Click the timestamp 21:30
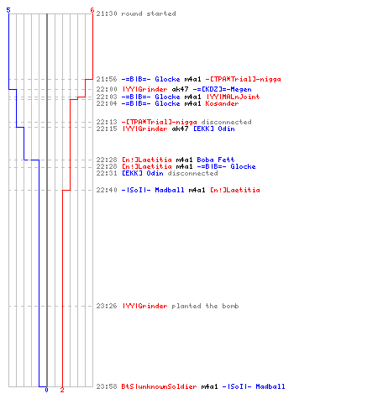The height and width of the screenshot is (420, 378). [107, 13]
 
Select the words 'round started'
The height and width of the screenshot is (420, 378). [149, 13]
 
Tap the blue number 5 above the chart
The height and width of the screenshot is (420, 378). [8, 10]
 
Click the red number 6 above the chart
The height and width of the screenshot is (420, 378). [92, 10]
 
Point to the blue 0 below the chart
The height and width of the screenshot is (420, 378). [46, 390]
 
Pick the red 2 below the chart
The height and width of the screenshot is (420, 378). [62, 390]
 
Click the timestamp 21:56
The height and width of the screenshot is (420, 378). [107, 79]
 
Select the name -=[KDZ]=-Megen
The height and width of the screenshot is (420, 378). [223, 89]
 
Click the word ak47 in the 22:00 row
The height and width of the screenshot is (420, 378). [180, 89]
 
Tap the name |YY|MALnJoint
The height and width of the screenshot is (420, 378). [233, 97]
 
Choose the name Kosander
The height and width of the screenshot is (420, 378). [222, 103]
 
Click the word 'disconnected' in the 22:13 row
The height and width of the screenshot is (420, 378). [226, 122]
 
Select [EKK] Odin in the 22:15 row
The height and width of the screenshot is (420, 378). [214, 129]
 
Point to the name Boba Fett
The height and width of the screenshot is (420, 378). [216, 160]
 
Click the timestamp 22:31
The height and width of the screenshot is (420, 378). [107, 173]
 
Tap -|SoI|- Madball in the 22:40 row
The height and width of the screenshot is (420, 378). [153, 190]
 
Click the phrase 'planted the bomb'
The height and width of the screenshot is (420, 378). [205, 306]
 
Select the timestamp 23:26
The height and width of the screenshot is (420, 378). [107, 306]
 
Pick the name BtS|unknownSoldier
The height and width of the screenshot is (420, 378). [159, 386]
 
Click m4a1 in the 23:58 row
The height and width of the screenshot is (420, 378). [209, 386]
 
